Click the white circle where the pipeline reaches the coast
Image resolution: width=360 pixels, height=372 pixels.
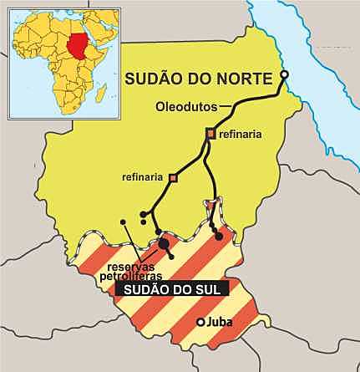(x=283, y=76)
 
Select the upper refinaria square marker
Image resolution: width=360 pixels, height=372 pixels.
(x=211, y=133)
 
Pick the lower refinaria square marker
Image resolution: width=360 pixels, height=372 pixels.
(x=173, y=177)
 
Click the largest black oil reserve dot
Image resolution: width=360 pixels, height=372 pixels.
(x=164, y=243)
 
